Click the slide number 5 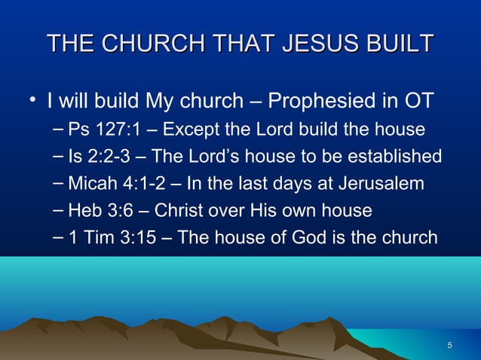coord(450,346)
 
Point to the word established coord(399,157)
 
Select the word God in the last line coord(309,238)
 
